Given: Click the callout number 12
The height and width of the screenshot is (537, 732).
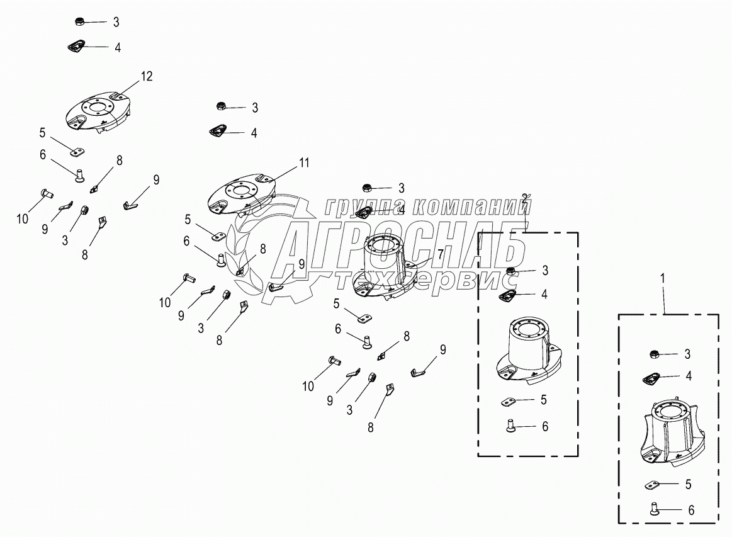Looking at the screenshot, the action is tap(146, 76).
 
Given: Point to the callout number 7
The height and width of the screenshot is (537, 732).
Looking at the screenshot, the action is tap(441, 252).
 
